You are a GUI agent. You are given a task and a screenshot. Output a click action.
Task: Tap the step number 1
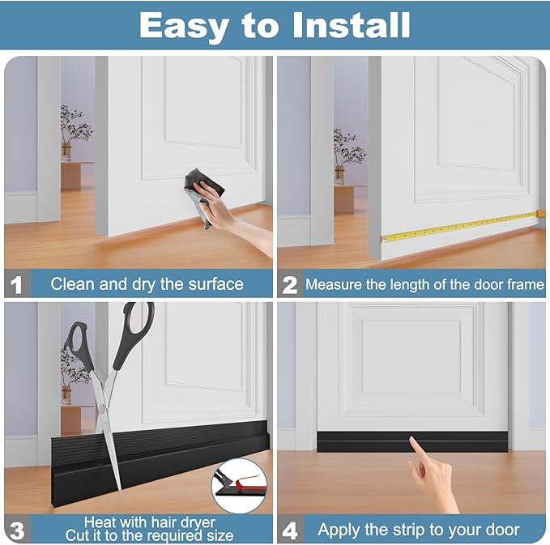16,284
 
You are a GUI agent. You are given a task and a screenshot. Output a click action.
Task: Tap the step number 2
289,284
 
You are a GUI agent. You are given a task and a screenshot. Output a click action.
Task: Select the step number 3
16,530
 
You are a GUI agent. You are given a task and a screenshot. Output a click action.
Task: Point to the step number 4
289,530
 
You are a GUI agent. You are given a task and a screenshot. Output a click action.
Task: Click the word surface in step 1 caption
211,284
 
